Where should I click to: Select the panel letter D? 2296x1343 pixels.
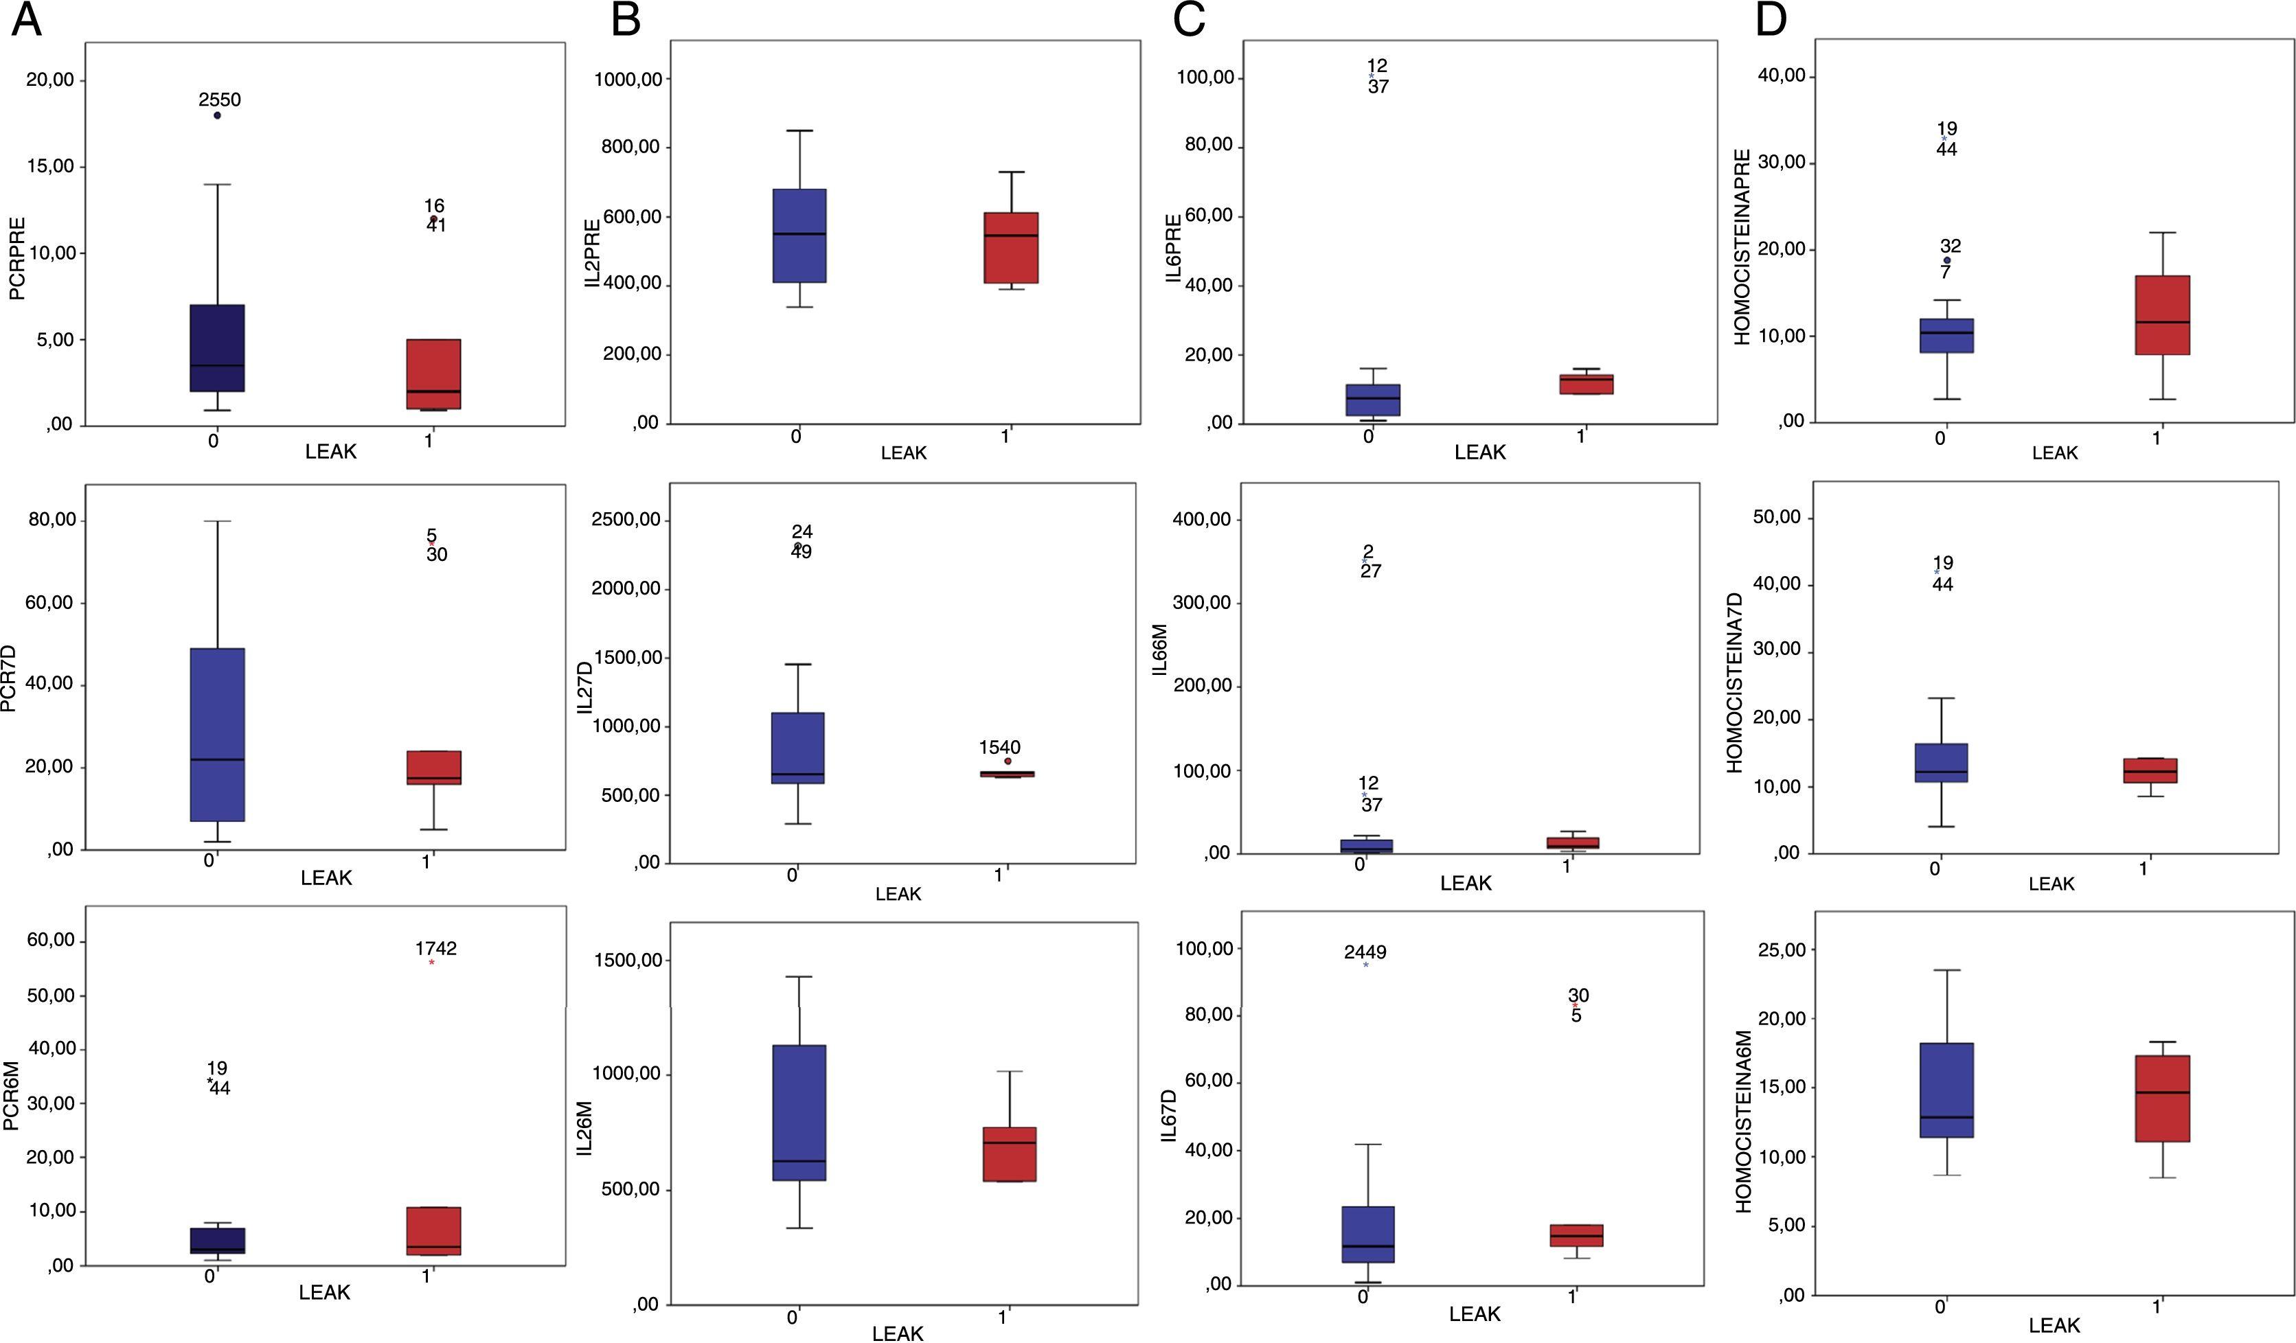tap(1771, 20)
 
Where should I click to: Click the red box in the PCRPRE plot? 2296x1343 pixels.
tap(433, 374)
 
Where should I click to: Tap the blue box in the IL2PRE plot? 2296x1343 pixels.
tap(799, 236)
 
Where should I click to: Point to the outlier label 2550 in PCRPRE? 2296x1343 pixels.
tap(220, 100)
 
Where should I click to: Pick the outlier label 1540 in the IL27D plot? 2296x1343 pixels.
tap(999, 747)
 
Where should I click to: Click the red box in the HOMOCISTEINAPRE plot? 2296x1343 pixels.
tap(2163, 315)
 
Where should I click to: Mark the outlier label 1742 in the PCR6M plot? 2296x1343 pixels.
tap(435, 948)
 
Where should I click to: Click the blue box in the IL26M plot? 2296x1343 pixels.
tap(799, 1112)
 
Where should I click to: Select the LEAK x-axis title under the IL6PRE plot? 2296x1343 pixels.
tap(1479, 452)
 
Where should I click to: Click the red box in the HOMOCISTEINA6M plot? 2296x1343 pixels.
tap(2161, 1098)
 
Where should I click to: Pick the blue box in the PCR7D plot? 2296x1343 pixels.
tap(218, 735)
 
